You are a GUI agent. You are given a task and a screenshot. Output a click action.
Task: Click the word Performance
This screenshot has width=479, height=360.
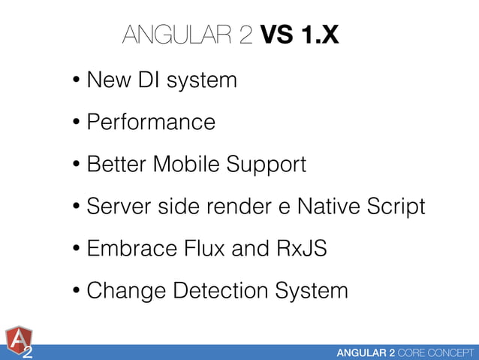click(x=151, y=122)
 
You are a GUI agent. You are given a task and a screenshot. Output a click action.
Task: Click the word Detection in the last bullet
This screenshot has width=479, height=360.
click(x=218, y=290)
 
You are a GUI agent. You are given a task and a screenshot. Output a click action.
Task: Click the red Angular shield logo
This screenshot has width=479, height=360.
click(x=18, y=340)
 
